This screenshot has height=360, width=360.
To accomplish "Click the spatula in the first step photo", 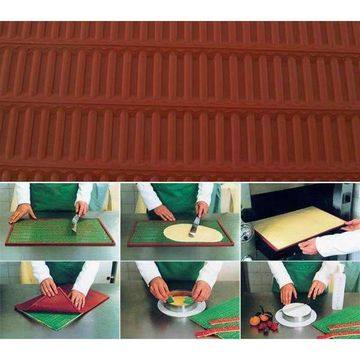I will point(76,222).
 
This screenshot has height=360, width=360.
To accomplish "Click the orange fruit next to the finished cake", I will point(255,320).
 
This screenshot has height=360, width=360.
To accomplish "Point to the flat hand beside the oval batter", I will point(163,212).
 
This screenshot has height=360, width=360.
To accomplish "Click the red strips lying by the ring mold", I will point(219,328).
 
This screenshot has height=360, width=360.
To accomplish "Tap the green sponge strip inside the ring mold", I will point(181,299).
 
